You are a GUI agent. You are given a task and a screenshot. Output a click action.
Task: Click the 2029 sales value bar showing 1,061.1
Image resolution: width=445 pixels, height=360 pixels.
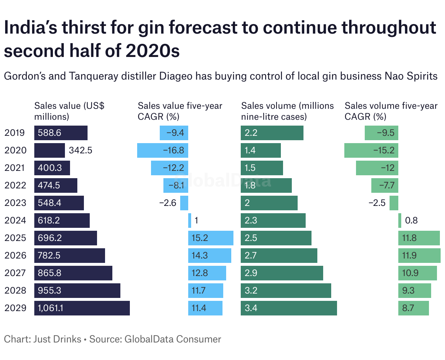(82, 308)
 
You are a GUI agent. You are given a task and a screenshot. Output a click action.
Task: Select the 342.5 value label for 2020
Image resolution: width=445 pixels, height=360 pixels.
(81, 150)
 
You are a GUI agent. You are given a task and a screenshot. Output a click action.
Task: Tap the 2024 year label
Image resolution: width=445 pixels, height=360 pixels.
(15, 221)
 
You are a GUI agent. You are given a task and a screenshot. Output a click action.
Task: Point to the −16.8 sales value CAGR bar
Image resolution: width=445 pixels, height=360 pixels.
(163, 150)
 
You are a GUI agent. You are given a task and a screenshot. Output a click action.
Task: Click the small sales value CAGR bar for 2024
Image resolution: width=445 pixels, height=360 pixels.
(190, 221)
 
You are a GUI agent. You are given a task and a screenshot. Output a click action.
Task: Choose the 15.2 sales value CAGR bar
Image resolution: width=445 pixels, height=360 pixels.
(211, 238)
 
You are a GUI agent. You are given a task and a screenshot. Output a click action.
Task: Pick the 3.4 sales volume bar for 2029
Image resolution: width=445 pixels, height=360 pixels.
(289, 308)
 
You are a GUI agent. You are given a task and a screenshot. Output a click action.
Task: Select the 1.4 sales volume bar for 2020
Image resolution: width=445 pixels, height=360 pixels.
(261, 150)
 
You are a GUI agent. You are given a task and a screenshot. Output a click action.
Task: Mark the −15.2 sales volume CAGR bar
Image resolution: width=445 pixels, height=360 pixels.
(371, 150)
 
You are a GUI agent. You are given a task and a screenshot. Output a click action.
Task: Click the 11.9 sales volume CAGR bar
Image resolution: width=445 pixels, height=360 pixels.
(419, 256)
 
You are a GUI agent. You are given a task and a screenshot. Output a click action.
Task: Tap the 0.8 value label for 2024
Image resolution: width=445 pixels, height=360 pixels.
(411, 221)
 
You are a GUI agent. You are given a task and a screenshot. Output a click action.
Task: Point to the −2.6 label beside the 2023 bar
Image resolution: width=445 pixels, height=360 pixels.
(168, 203)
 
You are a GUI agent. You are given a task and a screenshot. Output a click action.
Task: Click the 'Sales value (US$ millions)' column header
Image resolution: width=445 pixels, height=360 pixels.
(69, 111)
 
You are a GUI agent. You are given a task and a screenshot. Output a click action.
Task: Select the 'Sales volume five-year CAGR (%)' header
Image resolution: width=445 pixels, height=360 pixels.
(391, 111)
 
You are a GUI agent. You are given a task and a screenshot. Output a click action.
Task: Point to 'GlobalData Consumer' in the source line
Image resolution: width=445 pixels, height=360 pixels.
(173, 339)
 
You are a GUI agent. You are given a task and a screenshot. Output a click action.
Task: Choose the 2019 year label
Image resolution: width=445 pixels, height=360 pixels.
(15, 133)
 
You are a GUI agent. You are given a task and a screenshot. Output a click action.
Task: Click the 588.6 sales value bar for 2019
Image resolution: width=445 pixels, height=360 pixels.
(61, 133)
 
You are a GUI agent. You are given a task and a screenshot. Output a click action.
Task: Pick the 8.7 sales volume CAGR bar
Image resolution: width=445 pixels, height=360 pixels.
(414, 308)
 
